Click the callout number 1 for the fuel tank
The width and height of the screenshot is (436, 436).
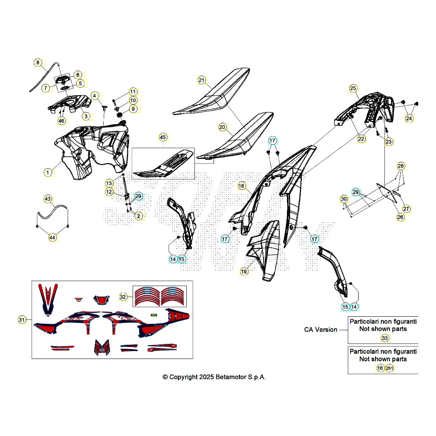pos(48,173)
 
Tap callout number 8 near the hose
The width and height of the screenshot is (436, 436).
pos(38,63)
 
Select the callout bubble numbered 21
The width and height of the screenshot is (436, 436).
pos(202,81)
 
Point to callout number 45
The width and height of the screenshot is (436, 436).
pos(163,137)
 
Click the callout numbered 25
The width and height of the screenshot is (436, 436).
pos(353,89)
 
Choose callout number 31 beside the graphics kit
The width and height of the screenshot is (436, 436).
pos(22,320)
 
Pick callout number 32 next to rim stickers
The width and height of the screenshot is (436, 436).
pos(123,297)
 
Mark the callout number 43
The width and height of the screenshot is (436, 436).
pos(48,199)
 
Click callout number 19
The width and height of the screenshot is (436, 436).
pos(244,272)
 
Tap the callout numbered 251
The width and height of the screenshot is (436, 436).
pos(389,368)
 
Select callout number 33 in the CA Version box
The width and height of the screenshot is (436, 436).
pos(385,338)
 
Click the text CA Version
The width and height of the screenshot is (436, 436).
pos(321,330)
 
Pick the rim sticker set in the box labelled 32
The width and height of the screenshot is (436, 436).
pos(160,296)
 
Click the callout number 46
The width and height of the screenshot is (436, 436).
pos(61,121)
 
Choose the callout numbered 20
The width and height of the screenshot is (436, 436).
pos(222,127)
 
